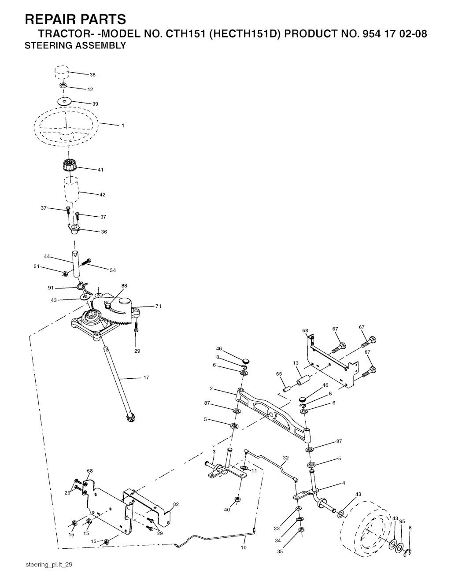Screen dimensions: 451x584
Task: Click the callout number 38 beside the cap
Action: click(92, 75)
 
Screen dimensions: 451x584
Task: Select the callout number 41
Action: click(100, 170)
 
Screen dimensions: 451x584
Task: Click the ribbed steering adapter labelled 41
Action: click(69, 165)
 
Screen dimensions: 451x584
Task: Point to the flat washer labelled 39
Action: click(65, 102)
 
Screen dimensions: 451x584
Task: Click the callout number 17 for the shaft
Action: click(146, 377)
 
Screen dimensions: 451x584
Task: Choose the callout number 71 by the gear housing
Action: click(158, 306)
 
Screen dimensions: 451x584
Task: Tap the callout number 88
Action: click(124, 286)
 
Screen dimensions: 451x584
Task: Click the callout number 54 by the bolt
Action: click(113, 270)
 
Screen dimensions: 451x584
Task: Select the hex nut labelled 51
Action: click(64, 274)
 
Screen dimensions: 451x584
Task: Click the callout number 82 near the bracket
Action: click(176, 504)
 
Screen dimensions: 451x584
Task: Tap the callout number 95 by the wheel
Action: click(402, 521)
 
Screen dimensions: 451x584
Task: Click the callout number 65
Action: click(279, 374)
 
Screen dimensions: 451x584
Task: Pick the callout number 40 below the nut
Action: click(227, 510)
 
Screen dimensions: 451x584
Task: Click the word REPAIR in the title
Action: click(52, 19)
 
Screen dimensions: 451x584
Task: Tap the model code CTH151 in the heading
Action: click(185, 34)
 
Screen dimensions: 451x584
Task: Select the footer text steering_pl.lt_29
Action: click(49, 565)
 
